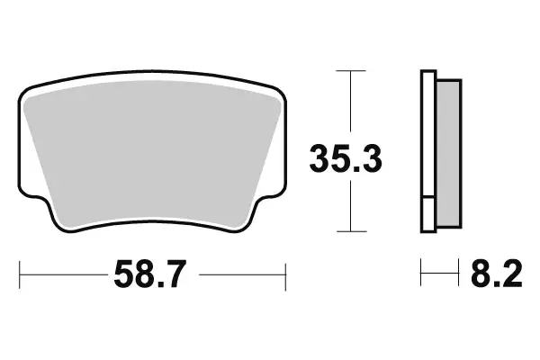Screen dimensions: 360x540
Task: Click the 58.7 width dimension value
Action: [x=152, y=274]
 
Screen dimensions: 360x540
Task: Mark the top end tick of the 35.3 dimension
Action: [x=351, y=70]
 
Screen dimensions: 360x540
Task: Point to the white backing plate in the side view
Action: [x=427, y=135]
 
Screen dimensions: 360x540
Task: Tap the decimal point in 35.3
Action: [x=347, y=171]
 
